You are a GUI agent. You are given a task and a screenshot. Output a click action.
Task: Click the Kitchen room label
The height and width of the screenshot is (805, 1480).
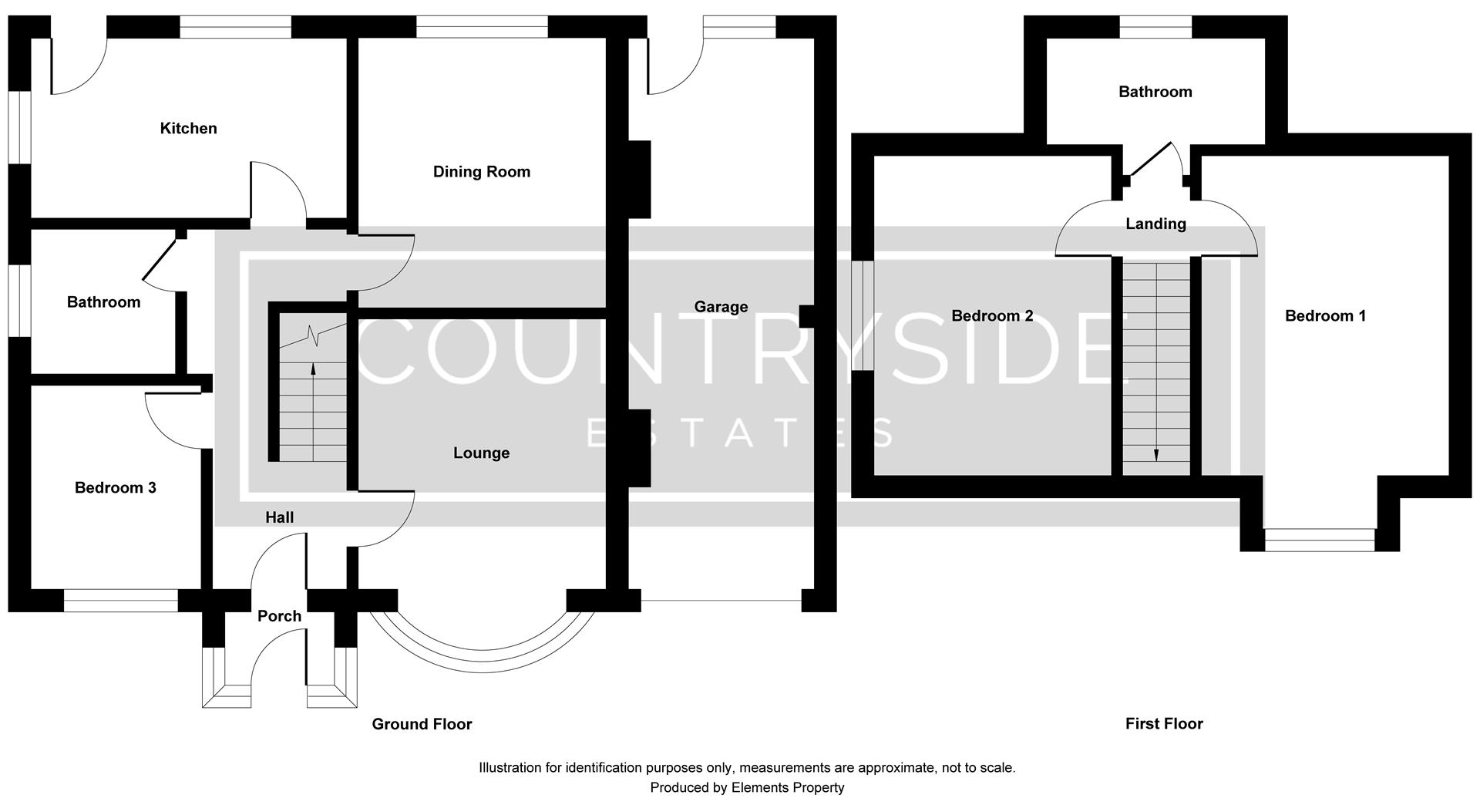[x=188, y=129]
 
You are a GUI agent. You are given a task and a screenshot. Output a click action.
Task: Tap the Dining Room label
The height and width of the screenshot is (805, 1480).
[x=482, y=172]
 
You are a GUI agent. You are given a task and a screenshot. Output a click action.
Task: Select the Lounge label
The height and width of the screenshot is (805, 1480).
[x=481, y=453]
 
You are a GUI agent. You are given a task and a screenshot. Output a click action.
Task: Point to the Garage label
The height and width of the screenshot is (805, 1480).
[x=721, y=307]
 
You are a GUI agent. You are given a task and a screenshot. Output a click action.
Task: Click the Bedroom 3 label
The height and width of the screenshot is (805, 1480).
[x=116, y=488]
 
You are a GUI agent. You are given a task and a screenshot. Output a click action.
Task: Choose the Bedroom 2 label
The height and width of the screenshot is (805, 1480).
[x=992, y=316]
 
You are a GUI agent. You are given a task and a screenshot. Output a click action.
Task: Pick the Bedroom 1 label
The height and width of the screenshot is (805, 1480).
[x=1325, y=316]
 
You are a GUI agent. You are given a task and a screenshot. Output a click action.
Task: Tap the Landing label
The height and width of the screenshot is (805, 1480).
[x=1155, y=224]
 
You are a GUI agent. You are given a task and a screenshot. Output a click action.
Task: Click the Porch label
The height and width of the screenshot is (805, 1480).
[x=279, y=616]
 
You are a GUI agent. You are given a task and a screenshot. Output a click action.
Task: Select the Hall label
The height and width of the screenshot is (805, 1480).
[x=279, y=518]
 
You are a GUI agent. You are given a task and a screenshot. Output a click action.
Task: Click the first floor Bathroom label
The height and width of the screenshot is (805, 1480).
[x=1155, y=93]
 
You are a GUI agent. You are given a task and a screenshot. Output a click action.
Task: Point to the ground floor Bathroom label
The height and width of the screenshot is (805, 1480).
[x=103, y=302]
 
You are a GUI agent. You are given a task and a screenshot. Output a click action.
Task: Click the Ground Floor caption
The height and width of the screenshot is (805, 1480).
[x=422, y=724]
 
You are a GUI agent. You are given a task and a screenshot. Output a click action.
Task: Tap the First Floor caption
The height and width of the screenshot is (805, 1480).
[x=1164, y=724]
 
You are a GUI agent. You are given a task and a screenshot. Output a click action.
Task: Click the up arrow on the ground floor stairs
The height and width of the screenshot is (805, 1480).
[x=313, y=370]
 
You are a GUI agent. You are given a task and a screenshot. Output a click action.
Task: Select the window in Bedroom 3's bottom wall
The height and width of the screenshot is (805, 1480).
[x=121, y=601]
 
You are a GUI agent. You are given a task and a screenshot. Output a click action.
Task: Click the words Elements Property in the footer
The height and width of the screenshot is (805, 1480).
[x=788, y=788]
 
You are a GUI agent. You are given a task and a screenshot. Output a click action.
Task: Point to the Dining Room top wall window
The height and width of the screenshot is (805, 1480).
[x=482, y=27]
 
